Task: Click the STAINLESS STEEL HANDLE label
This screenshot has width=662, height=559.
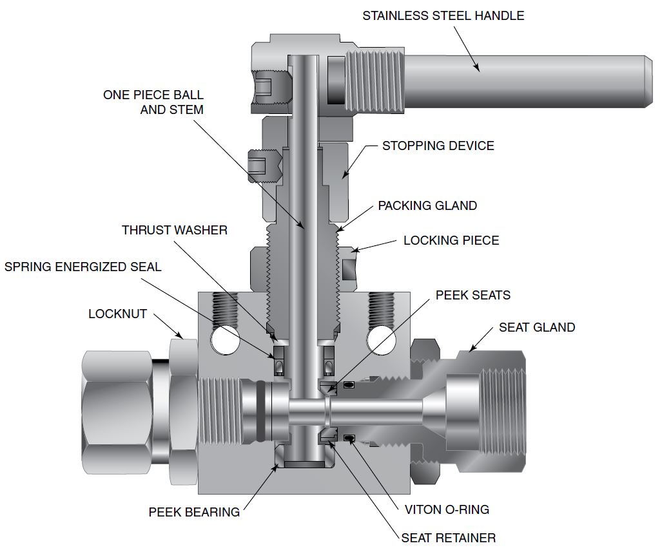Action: (x=443, y=15)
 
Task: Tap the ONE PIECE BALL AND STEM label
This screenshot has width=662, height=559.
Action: (x=153, y=102)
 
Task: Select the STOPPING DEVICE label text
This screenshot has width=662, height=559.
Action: (x=438, y=146)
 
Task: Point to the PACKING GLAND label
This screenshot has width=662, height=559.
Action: (x=427, y=206)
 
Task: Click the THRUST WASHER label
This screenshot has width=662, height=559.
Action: (x=175, y=230)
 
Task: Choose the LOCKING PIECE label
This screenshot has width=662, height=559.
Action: (x=451, y=241)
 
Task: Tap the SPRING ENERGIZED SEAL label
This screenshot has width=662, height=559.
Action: (x=83, y=267)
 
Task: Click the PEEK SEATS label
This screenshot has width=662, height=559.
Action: (x=472, y=296)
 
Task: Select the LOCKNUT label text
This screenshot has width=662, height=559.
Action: (x=118, y=314)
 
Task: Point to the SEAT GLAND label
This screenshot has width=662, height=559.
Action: (x=536, y=328)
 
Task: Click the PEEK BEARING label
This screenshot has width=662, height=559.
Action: (x=194, y=513)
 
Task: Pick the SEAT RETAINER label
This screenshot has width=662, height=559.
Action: (x=449, y=538)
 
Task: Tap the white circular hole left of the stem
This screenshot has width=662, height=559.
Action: (x=224, y=339)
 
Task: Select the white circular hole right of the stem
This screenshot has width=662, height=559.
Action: (x=378, y=339)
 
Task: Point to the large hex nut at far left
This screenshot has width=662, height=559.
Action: (x=116, y=410)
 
